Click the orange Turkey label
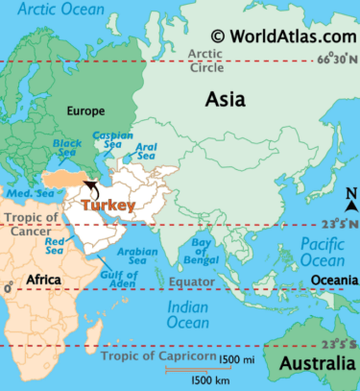(108, 205)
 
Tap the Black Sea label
(67, 148)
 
